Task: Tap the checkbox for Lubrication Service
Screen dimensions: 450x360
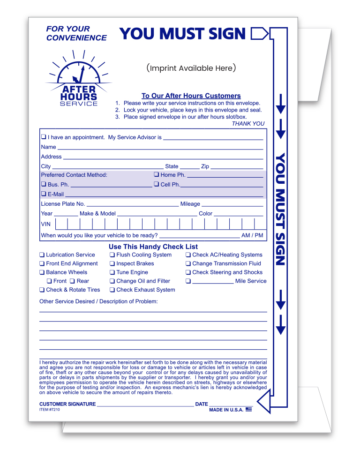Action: click(42, 255)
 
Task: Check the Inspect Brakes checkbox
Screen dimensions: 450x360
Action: click(112, 264)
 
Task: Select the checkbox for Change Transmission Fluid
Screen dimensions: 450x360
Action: click(188, 264)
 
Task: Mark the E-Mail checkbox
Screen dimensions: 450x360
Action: click(44, 194)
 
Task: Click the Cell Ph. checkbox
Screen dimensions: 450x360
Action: click(157, 185)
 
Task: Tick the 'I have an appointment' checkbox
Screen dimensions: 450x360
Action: click(44, 137)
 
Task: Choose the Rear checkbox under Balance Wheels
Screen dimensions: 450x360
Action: click(73, 281)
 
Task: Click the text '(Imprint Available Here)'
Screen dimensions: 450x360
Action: click(191, 68)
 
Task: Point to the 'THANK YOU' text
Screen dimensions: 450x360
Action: click(248, 124)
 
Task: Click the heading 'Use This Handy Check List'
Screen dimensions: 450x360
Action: click(153, 247)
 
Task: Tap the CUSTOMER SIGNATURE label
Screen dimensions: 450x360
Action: click(67, 404)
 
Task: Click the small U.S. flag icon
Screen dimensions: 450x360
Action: click(249, 410)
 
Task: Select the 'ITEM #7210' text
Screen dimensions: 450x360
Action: click(50, 410)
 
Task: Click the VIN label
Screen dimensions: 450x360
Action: click(45, 224)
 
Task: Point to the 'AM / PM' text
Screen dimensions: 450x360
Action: click(252, 235)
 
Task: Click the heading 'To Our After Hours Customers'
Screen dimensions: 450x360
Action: click(191, 96)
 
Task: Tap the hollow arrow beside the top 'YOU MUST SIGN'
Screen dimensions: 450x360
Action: click(260, 34)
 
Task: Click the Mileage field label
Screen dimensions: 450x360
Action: click(190, 204)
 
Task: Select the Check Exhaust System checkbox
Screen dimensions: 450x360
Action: click(112, 290)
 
